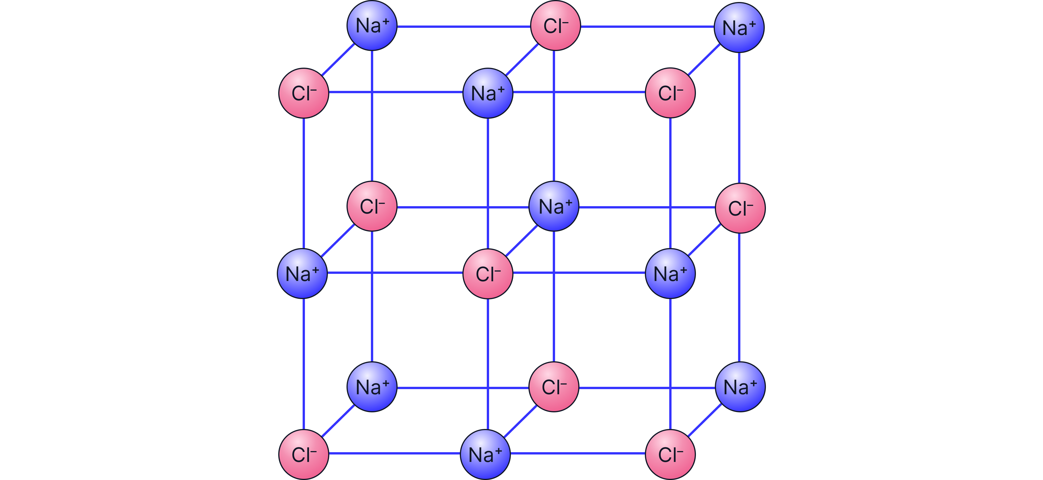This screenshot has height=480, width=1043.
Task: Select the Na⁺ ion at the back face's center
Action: pos(554,206)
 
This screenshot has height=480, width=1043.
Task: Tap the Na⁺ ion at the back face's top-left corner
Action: pos(372,26)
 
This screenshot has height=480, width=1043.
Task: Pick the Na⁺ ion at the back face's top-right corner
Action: pos(739,28)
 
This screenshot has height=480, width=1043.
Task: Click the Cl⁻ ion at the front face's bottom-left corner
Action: pos(304,454)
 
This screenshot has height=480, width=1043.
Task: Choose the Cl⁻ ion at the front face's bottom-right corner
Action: pos(670,454)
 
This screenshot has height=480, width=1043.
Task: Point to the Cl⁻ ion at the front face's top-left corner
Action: pos(304,93)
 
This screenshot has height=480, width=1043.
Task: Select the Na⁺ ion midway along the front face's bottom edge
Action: pos(485,454)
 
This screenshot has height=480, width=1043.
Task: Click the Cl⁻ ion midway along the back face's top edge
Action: pos(555,26)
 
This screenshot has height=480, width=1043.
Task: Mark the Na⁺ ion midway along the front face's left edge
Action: pos(302,274)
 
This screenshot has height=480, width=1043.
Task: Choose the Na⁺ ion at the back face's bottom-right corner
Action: pos(740,387)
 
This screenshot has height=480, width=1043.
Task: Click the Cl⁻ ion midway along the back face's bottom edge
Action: pos(554,387)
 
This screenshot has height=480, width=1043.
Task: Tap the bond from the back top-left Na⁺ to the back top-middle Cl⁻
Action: pos(464,27)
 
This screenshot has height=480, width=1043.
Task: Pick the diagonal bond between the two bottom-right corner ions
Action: pos(705,420)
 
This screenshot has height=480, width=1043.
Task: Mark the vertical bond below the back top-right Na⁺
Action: pos(739,117)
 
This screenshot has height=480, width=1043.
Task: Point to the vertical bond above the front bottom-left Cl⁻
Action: pos(304,364)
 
